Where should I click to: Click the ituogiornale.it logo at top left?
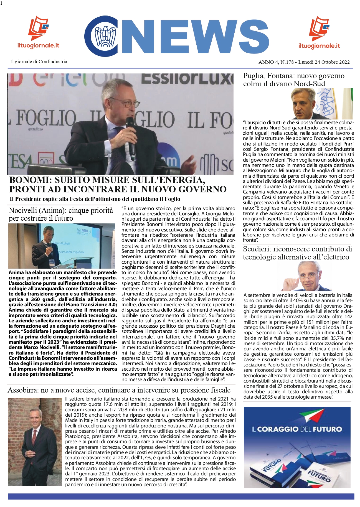point(38,33)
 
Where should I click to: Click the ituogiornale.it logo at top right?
point(319,33)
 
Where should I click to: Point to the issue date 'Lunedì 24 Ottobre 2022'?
point(324,62)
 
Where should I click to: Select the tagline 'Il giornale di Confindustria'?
point(39,62)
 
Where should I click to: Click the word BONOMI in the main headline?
point(30,180)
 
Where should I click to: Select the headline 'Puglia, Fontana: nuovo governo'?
point(294,76)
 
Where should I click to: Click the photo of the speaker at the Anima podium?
point(62,246)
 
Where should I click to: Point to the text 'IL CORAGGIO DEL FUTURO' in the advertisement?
point(296,429)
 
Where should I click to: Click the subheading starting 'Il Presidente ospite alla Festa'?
point(95,199)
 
